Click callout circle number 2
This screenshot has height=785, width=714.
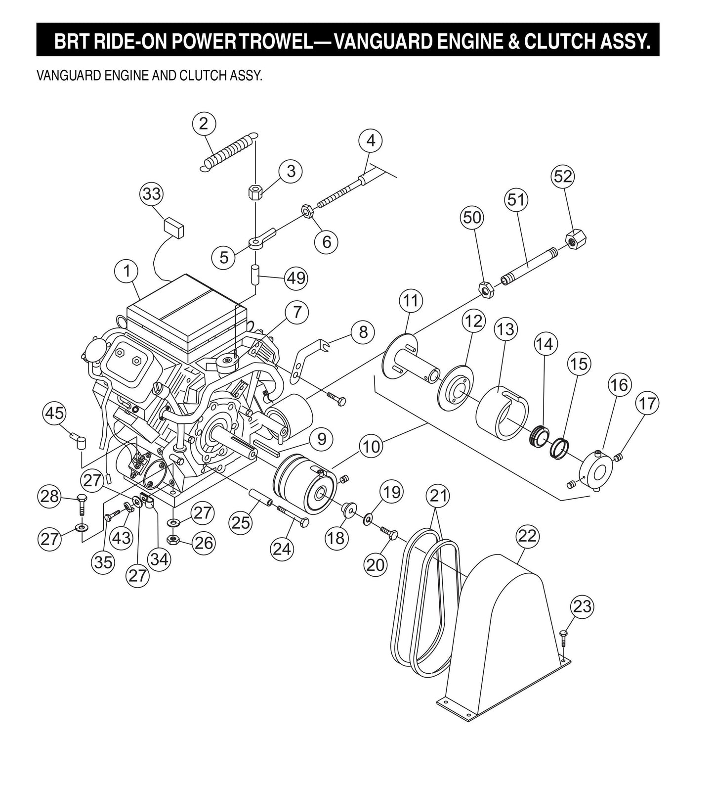[x=204, y=124]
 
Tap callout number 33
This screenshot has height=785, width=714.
[x=152, y=193]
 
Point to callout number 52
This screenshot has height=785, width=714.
[x=563, y=177]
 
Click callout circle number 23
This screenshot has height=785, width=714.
[x=582, y=606]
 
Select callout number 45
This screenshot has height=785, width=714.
[x=55, y=413]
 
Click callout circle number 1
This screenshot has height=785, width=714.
[x=127, y=271]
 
